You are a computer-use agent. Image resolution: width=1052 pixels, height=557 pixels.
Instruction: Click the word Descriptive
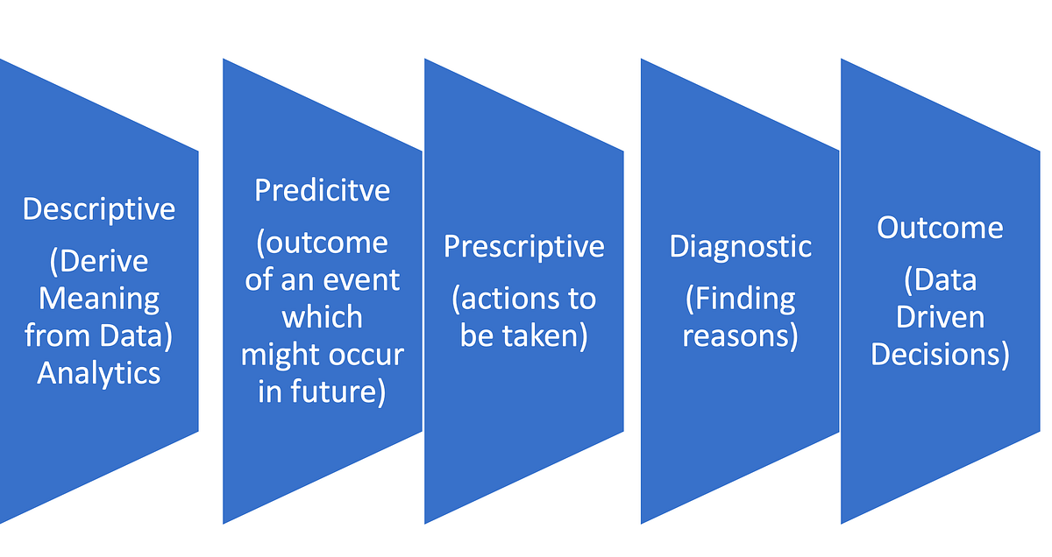99,209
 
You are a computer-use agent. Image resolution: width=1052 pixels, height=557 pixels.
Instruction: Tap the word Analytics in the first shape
99,374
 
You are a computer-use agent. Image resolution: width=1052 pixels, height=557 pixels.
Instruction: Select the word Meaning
99,300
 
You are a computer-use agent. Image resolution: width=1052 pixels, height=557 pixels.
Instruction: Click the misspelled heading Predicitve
322,190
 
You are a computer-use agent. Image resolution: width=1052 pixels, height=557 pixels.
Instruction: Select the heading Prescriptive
523,246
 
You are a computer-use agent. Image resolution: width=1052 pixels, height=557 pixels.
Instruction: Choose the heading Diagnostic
741,246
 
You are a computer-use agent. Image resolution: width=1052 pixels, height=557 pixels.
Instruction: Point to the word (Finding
741,300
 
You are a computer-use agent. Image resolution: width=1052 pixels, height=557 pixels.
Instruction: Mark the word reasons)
741,336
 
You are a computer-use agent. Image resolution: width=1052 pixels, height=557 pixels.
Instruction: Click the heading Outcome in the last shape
940,228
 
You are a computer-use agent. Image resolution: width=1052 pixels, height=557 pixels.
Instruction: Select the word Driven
940,318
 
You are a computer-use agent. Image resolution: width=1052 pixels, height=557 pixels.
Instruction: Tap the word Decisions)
940,355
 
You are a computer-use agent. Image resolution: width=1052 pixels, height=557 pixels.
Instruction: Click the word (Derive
99,262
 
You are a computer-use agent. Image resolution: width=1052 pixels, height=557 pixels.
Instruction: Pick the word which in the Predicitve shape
322,318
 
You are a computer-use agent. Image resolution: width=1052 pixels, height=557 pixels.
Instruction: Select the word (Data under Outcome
940,280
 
